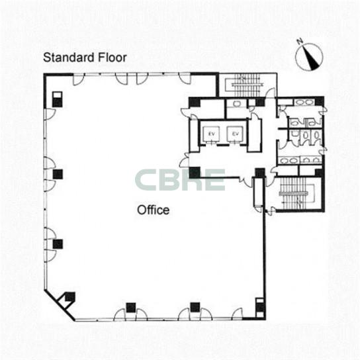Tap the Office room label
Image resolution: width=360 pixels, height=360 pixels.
coord(153,210)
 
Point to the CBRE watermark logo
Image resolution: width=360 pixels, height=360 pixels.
coord(180,180)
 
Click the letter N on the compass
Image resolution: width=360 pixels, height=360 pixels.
coord(300,42)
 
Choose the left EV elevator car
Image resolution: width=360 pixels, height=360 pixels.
coord(211,134)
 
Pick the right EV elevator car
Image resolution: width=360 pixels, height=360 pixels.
coord(235,134)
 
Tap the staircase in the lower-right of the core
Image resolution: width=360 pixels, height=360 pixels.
coord(296,193)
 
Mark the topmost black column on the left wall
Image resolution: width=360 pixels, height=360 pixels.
coord(57,99)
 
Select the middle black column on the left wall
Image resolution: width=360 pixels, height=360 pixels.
coord(58,174)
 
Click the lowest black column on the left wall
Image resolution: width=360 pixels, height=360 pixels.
coord(58,244)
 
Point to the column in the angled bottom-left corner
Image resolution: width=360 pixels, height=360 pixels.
coord(70,296)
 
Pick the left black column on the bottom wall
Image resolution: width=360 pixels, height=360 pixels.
coord(131,308)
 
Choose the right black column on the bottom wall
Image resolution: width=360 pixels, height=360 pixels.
coord(195,307)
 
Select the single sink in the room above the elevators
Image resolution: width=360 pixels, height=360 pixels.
coord(236,104)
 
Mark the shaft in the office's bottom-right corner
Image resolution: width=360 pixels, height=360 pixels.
coord(260,308)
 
